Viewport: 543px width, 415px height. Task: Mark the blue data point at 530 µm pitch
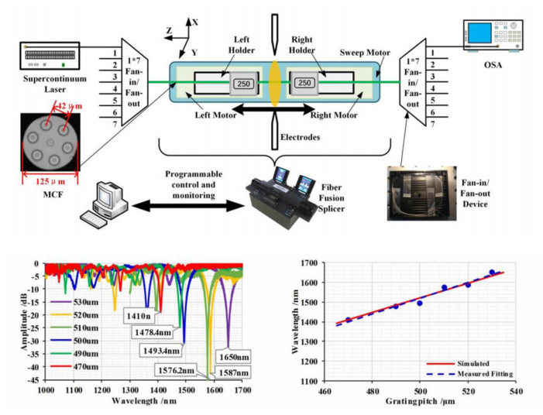[x=492, y=273]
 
